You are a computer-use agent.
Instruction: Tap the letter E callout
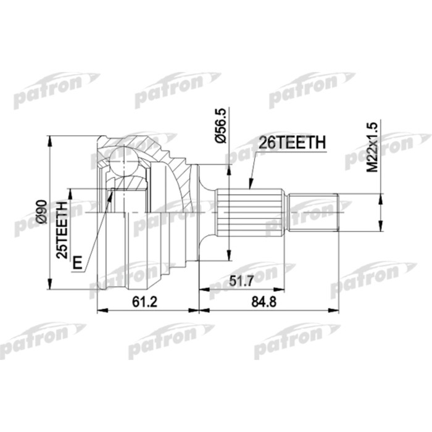[x=77, y=264]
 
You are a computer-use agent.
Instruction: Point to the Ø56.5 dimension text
[x=221, y=125]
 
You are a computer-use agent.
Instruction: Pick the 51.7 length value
[x=242, y=280]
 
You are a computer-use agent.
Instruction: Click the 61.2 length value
[x=147, y=302]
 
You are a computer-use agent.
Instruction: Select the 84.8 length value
[x=268, y=302]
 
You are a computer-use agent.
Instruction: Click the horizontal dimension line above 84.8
[x=269, y=310]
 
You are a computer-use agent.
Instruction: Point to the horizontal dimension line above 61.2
[x=148, y=310]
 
